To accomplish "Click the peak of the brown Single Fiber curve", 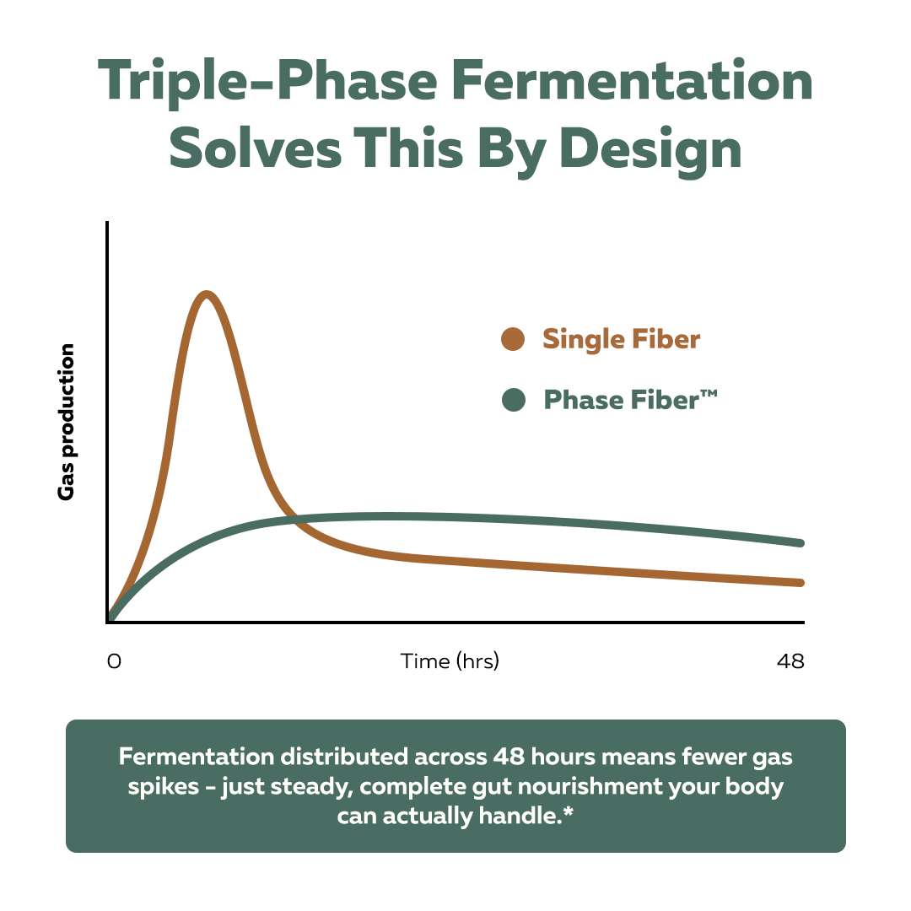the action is tap(207, 294).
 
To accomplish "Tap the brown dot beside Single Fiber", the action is tap(513, 339).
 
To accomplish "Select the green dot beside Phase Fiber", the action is tap(514, 400).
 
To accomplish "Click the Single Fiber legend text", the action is tap(621, 339).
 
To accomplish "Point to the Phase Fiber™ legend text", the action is tap(630, 400).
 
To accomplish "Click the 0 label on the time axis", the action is tap(115, 661).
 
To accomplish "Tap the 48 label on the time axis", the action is tap(790, 661).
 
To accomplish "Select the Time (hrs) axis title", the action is tap(450, 661).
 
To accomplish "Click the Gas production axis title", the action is tap(67, 422).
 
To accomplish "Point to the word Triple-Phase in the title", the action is tap(268, 81).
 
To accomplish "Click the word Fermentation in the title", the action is tap(632, 80).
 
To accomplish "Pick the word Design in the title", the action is tap(650, 150).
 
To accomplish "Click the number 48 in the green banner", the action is tap(509, 757).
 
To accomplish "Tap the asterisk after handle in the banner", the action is tap(569, 811).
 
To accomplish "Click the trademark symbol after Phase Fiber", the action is tap(709, 394).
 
